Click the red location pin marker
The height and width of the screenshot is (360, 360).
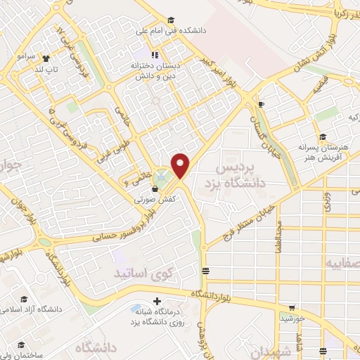tap(181, 165)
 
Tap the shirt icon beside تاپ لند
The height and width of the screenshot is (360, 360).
tap(46, 58)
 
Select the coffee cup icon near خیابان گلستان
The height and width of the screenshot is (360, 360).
tap(261, 105)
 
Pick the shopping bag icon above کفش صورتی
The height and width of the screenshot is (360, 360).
tap(155, 188)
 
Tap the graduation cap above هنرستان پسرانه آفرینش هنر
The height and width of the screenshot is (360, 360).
tap(323, 137)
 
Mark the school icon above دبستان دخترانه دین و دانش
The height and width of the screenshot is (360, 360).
tap(155, 54)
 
